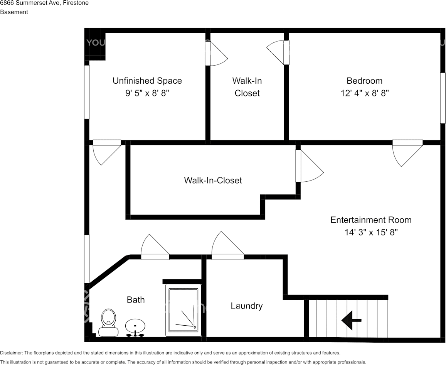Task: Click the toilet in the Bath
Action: coord(108,322)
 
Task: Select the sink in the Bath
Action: coord(135,326)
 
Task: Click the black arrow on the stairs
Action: coord(351,320)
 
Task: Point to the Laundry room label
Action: coord(247,306)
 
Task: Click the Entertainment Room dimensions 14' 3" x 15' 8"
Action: coord(371,232)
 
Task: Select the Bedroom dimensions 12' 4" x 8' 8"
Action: coord(364,93)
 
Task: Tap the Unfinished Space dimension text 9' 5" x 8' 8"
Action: coord(147,93)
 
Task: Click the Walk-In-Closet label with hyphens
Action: coord(213,180)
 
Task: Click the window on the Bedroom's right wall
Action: coord(443,98)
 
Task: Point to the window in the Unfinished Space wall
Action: coord(87,92)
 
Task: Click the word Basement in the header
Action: coord(14,12)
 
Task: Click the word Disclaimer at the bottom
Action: coord(12,353)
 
